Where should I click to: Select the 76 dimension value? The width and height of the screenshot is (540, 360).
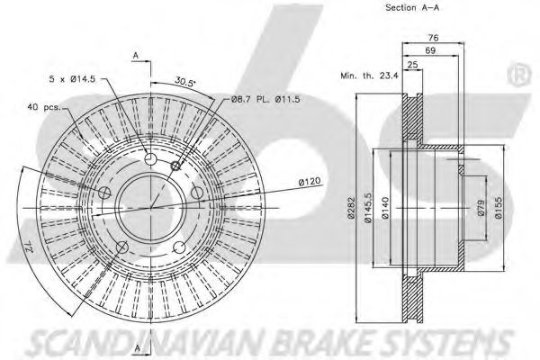click(x=432, y=38)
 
